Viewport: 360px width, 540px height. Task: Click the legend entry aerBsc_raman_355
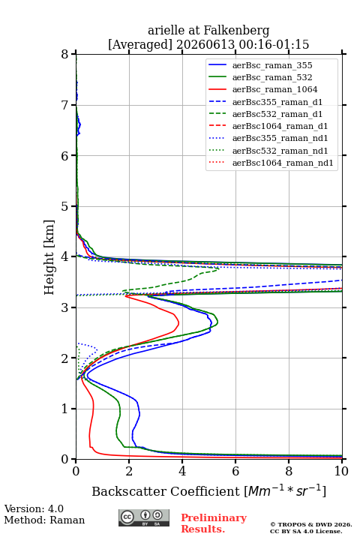coord(272,65)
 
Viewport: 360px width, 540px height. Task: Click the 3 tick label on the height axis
coord(64,307)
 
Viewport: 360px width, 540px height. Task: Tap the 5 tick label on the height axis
coord(64,206)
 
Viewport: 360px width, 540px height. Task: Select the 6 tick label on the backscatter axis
coord(235,471)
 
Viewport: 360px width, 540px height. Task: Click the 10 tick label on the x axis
coord(341,471)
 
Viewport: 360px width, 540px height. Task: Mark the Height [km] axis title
coord(49,257)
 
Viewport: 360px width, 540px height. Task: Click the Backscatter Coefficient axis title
coord(208,490)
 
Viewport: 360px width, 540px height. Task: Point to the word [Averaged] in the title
coord(139,45)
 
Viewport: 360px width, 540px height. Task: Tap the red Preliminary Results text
coord(214,523)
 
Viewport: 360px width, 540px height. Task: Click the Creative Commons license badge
coord(144,517)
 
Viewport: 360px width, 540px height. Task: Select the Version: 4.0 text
coord(34,508)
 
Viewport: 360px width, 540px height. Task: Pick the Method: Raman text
coord(44,520)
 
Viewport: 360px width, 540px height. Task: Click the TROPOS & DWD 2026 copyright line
coord(311,524)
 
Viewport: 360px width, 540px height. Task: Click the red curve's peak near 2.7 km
coord(178,323)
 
